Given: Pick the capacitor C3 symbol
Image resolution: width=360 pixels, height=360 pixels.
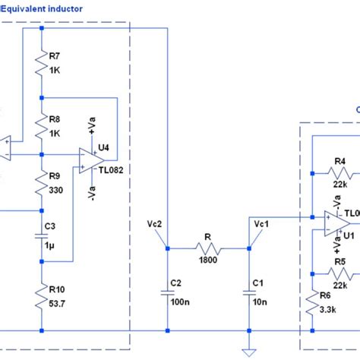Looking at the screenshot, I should click(43, 235).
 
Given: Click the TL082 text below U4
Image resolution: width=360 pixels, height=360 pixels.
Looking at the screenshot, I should click(110, 171).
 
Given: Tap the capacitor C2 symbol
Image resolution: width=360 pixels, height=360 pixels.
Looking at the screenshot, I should click(166, 290).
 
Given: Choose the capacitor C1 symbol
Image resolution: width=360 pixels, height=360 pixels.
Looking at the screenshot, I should click(248, 290).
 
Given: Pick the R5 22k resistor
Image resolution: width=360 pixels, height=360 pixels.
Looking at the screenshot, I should click(337, 272).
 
